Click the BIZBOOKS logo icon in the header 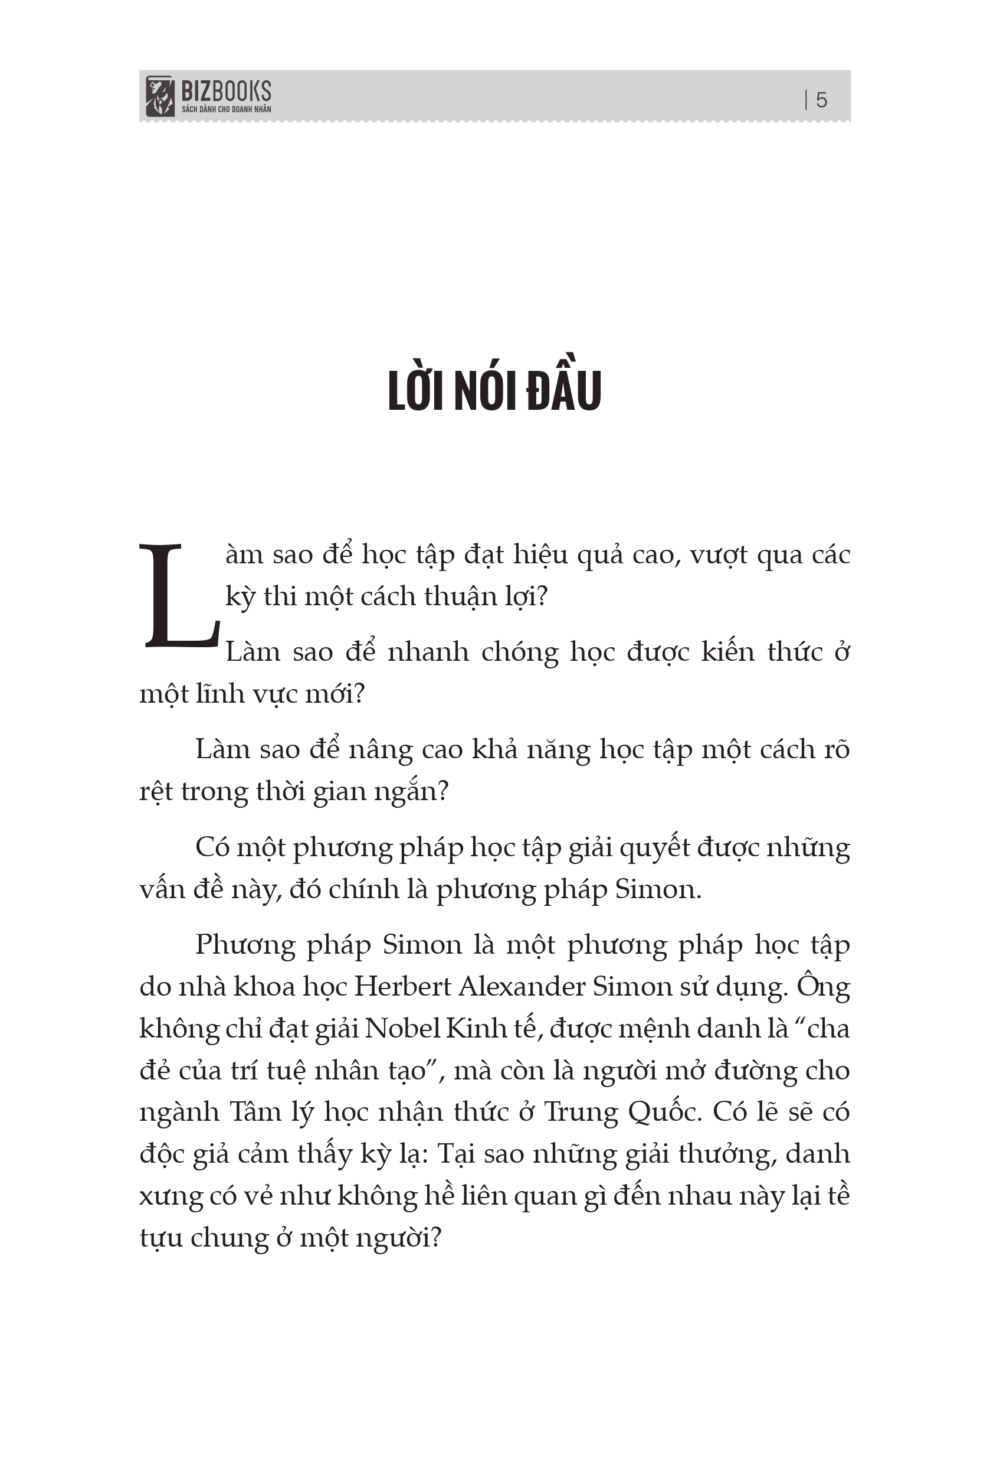coord(159,96)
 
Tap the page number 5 coord(821,100)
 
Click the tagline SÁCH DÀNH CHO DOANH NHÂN coord(227,109)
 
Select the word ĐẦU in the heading coord(563,390)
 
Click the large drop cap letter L coord(180,595)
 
